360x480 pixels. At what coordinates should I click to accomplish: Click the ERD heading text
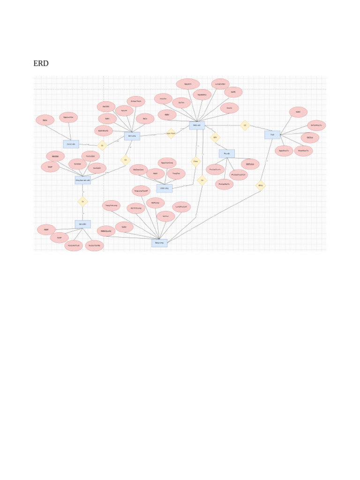pyautogui.click(x=41, y=64)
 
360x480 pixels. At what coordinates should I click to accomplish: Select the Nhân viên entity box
pyautogui.click(x=197, y=125)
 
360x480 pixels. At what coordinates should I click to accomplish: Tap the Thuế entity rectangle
pyautogui.click(x=272, y=135)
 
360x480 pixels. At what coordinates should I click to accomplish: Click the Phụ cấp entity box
pyautogui.click(x=227, y=153)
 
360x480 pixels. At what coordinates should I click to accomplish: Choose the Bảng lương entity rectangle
pyautogui.click(x=159, y=243)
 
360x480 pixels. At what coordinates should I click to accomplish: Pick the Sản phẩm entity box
pyautogui.click(x=83, y=224)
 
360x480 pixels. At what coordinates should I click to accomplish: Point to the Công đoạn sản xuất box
pyautogui.click(x=83, y=180)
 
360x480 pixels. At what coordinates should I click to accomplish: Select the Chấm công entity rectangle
pyautogui.click(x=165, y=188)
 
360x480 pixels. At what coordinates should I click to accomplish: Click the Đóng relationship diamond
pyautogui.click(x=261, y=186)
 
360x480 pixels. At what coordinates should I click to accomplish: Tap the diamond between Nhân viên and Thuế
pyautogui.click(x=245, y=125)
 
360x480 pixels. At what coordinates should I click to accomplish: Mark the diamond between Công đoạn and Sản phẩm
pyautogui.click(x=83, y=202)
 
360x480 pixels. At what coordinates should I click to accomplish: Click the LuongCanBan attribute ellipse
pyautogui.click(x=220, y=84)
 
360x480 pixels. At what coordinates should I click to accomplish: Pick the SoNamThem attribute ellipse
pyautogui.click(x=136, y=101)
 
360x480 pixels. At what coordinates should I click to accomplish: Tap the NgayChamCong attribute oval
pyautogui.click(x=167, y=163)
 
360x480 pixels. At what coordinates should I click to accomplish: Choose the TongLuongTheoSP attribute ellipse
pyautogui.click(x=141, y=191)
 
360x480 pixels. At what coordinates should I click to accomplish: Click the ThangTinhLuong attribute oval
pyautogui.click(x=111, y=205)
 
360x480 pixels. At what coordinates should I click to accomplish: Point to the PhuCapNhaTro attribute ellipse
pyautogui.click(x=225, y=184)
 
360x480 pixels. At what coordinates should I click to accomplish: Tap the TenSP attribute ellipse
pyautogui.click(x=60, y=238)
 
